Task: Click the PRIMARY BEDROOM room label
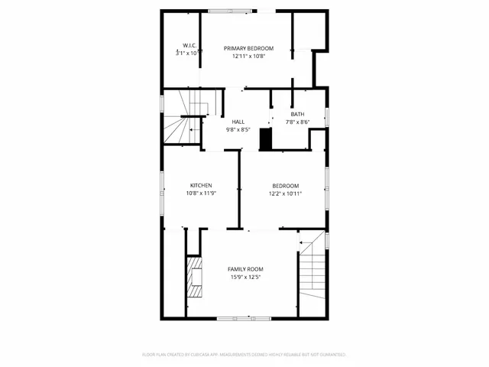[248, 48]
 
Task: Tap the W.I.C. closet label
[190, 46]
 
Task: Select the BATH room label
[296, 114]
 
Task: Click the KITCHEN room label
[201, 185]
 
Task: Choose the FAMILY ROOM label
[245, 269]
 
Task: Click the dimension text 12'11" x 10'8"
[248, 55]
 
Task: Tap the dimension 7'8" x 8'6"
[296, 122]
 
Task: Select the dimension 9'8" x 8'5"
[238, 130]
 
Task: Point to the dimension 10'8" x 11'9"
[201, 193]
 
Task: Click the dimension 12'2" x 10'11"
[285, 193]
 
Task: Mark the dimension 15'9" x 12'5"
[245, 277]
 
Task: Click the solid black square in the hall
[265, 139]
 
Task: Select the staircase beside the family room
[311, 271]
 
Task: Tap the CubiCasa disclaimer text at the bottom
[244, 355]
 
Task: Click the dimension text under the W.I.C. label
[189, 54]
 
